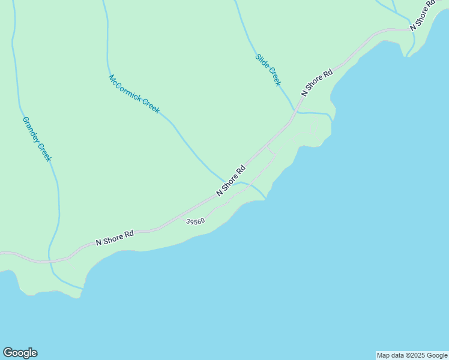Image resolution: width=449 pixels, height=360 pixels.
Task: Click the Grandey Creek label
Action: click(x=37, y=139)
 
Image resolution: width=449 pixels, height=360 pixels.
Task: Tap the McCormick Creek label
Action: click(x=134, y=94)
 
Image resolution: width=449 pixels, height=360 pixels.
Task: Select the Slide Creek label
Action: click(x=268, y=70)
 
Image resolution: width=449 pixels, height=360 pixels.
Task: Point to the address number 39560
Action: click(x=196, y=221)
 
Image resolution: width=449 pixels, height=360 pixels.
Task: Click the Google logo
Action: click(x=20, y=353)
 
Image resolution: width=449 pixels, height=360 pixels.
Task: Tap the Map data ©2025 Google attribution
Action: click(x=412, y=355)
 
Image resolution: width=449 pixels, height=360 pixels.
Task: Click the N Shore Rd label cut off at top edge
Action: click(x=423, y=16)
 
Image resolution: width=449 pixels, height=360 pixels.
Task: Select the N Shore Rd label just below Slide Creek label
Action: click(x=317, y=83)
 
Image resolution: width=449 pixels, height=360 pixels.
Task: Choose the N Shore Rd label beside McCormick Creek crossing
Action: click(x=231, y=180)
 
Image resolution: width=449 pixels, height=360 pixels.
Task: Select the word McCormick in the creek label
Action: click(x=124, y=88)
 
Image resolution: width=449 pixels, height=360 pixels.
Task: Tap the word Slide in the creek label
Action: click(x=262, y=62)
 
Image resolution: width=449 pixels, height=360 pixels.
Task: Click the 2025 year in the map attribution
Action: click(x=418, y=355)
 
